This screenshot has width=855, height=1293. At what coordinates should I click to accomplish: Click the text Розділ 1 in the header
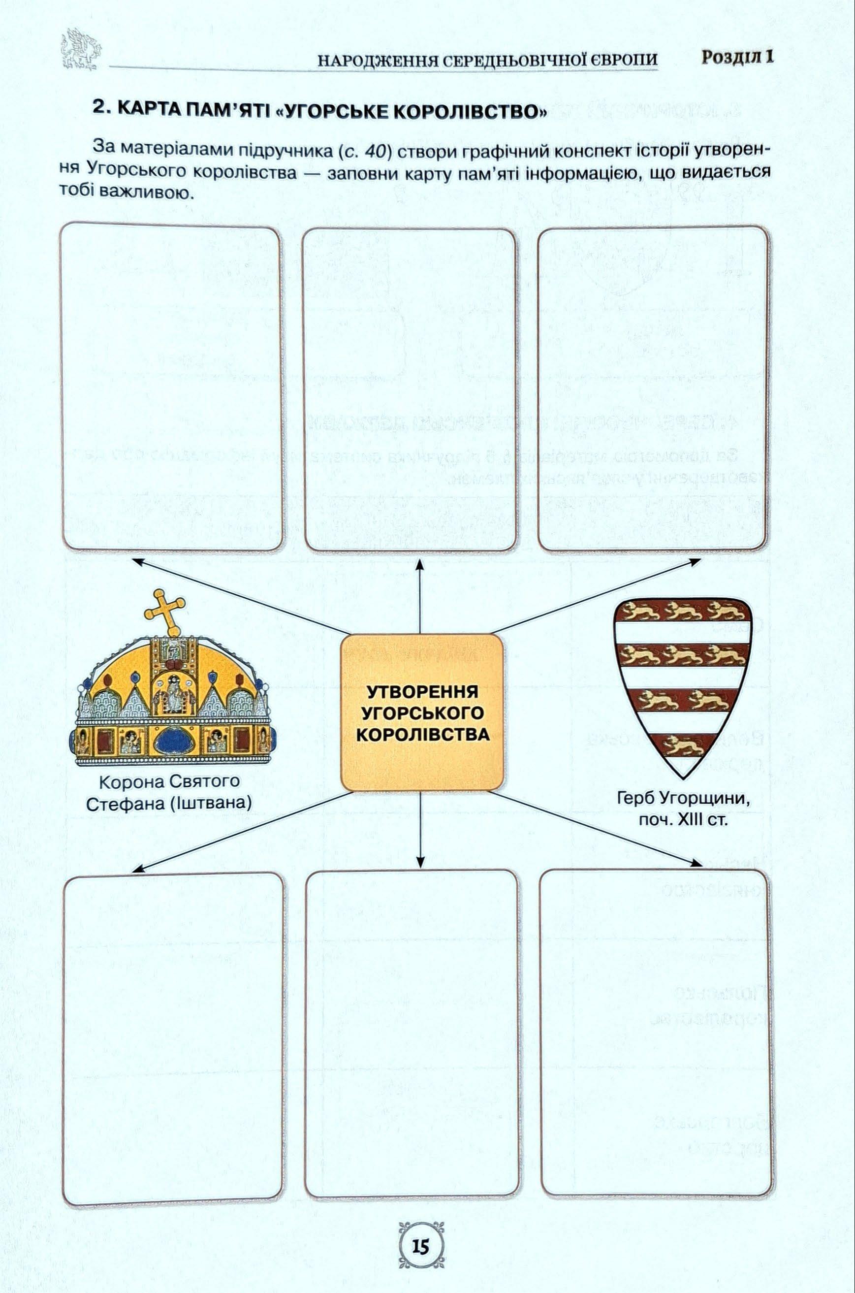(737, 57)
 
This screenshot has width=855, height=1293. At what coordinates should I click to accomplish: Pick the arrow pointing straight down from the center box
(420, 829)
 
